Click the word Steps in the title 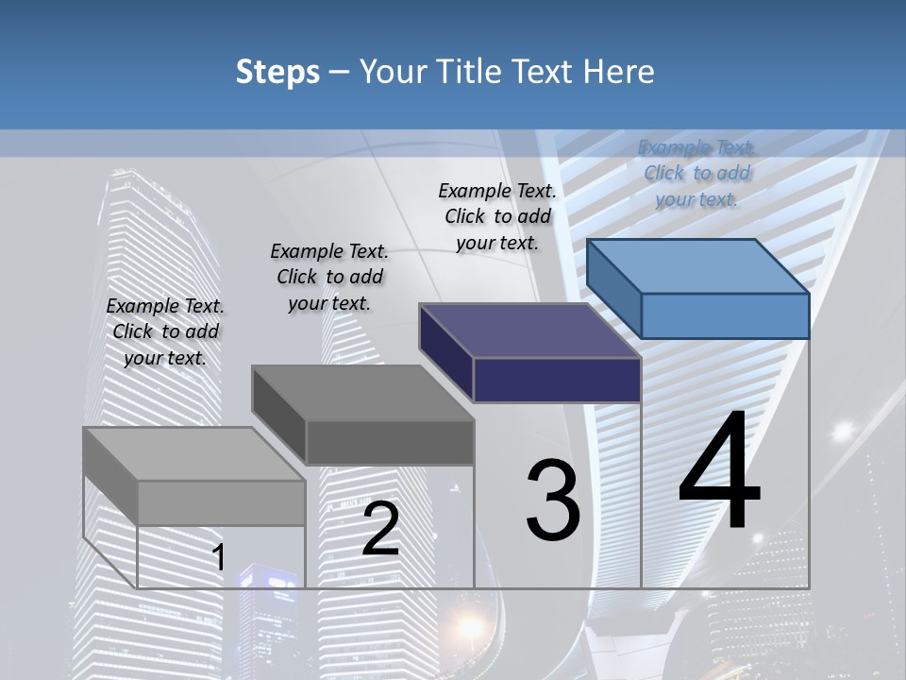point(277,73)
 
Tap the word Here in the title point(617,72)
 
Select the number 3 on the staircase point(552,501)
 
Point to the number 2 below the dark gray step point(380,529)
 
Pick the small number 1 point(219,557)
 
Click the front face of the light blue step point(725,315)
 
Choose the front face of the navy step point(557,380)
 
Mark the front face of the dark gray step point(390,442)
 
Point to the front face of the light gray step point(221,502)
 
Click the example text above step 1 point(165,331)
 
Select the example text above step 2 point(329,277)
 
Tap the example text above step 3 point(497,216)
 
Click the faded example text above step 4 point(696,173)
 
